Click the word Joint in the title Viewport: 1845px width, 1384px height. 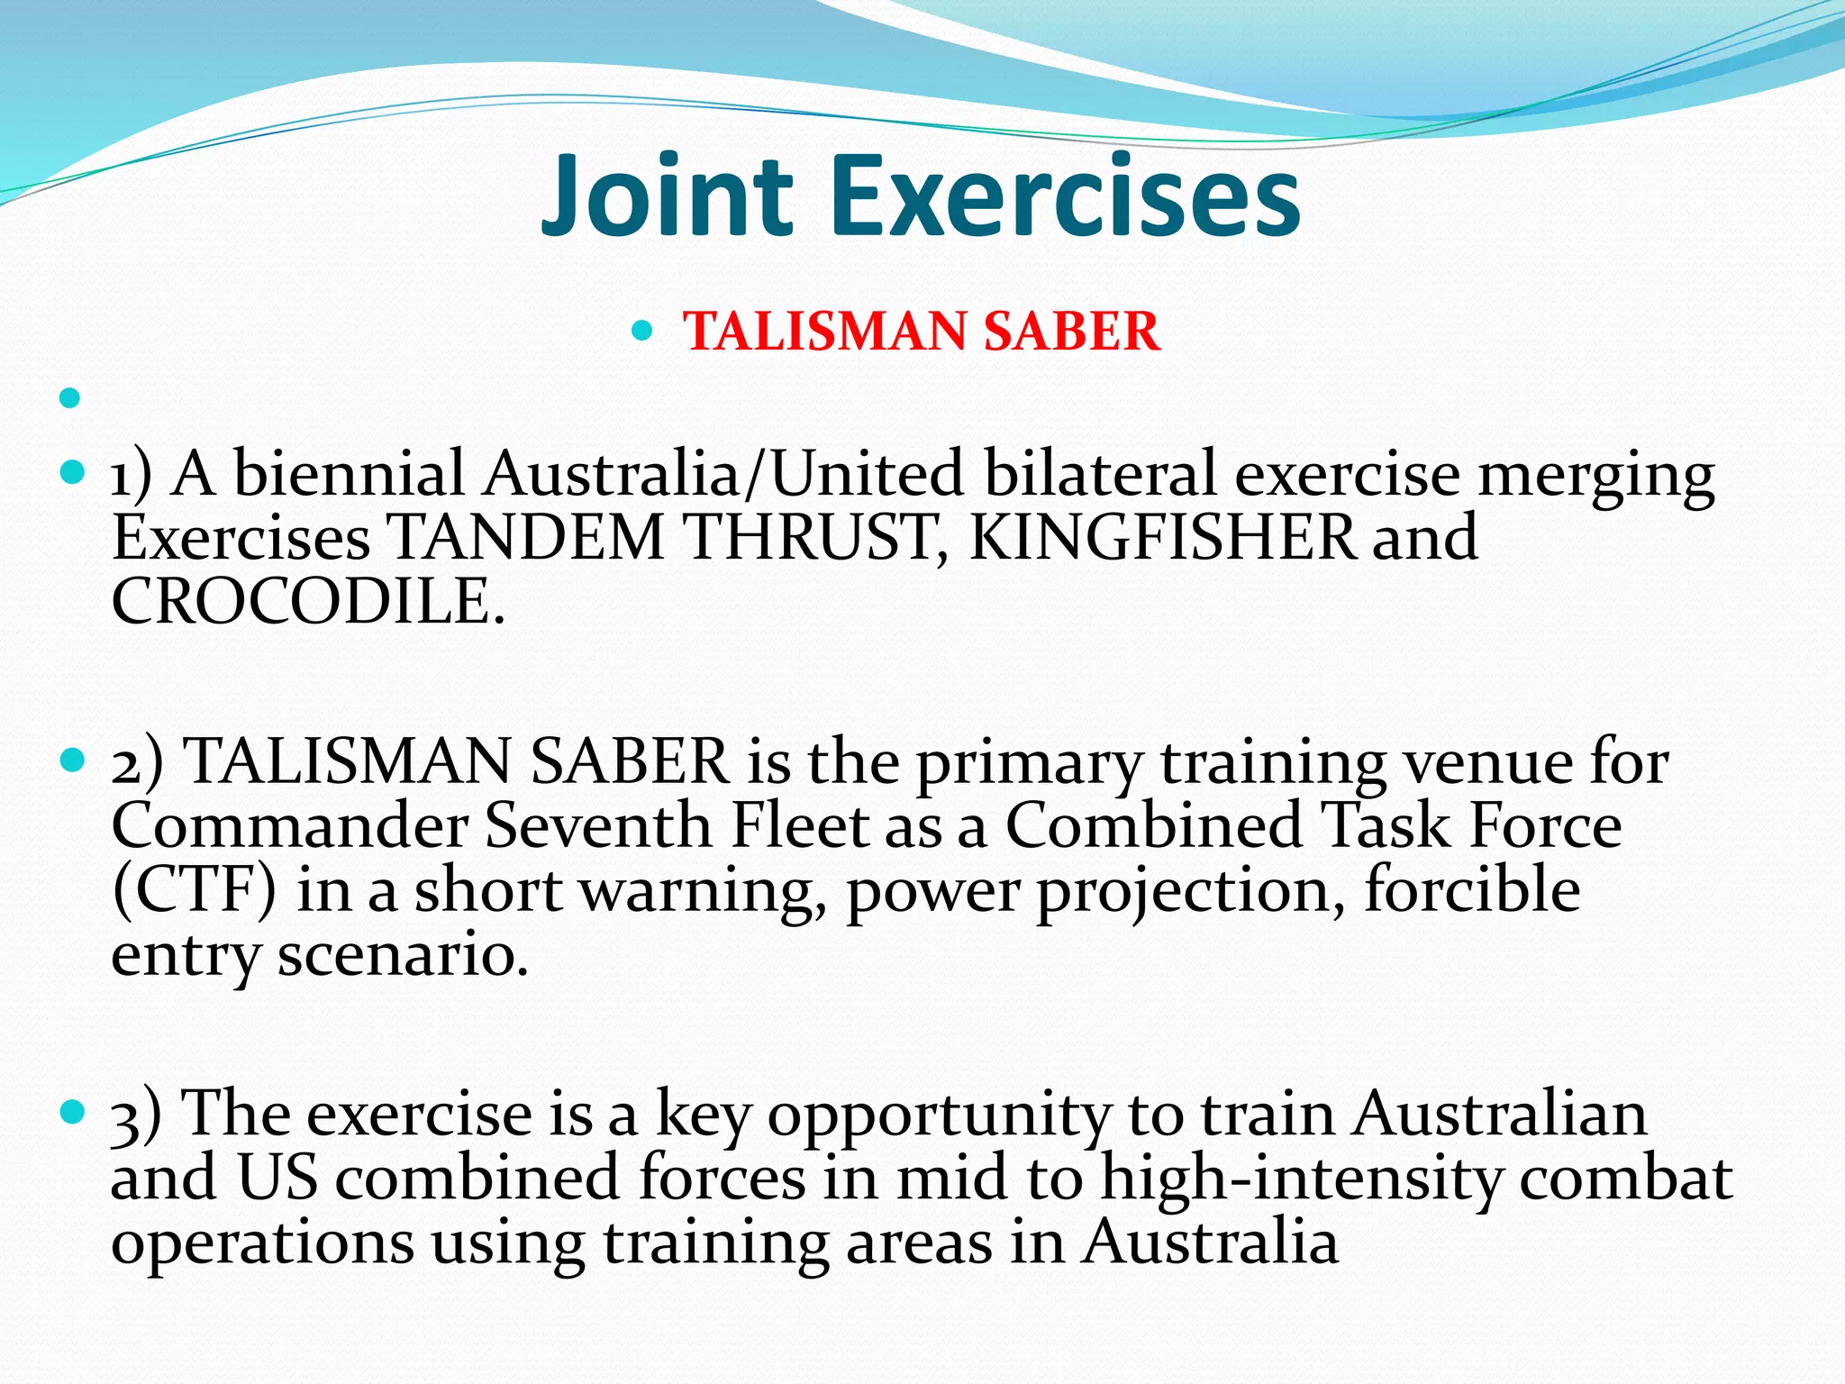coord(666,196)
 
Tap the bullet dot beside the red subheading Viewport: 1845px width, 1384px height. coord(641,331)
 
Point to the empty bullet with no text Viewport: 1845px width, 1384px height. coord(69,396)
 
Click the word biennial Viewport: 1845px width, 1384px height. coord(349,473)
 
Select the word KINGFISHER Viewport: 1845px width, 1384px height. coord(1162,537)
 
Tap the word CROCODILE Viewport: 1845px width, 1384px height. coord(307,601)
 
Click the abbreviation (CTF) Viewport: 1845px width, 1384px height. coord(194,890)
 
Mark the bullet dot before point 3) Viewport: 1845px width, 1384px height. coord(70,1111)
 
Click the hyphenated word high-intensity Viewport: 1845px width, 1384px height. coord(1302,1179)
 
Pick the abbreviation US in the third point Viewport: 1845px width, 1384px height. coord(277,1179)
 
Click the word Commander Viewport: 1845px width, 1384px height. coord(289,825)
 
